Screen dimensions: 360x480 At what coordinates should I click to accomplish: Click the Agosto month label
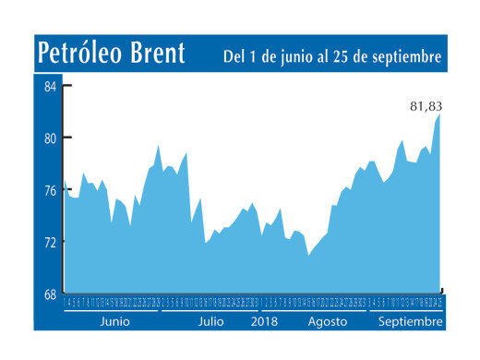coord(327,321)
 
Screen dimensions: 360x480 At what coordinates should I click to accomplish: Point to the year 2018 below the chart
coord(265,321)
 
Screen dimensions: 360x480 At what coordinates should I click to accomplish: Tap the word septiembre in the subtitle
coord(404,57)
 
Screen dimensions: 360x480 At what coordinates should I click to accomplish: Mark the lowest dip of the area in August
coord(308,255)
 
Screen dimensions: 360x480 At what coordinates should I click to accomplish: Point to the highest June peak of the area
coord(158,145)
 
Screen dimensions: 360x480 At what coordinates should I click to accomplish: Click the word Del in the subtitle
coord(234,57)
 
